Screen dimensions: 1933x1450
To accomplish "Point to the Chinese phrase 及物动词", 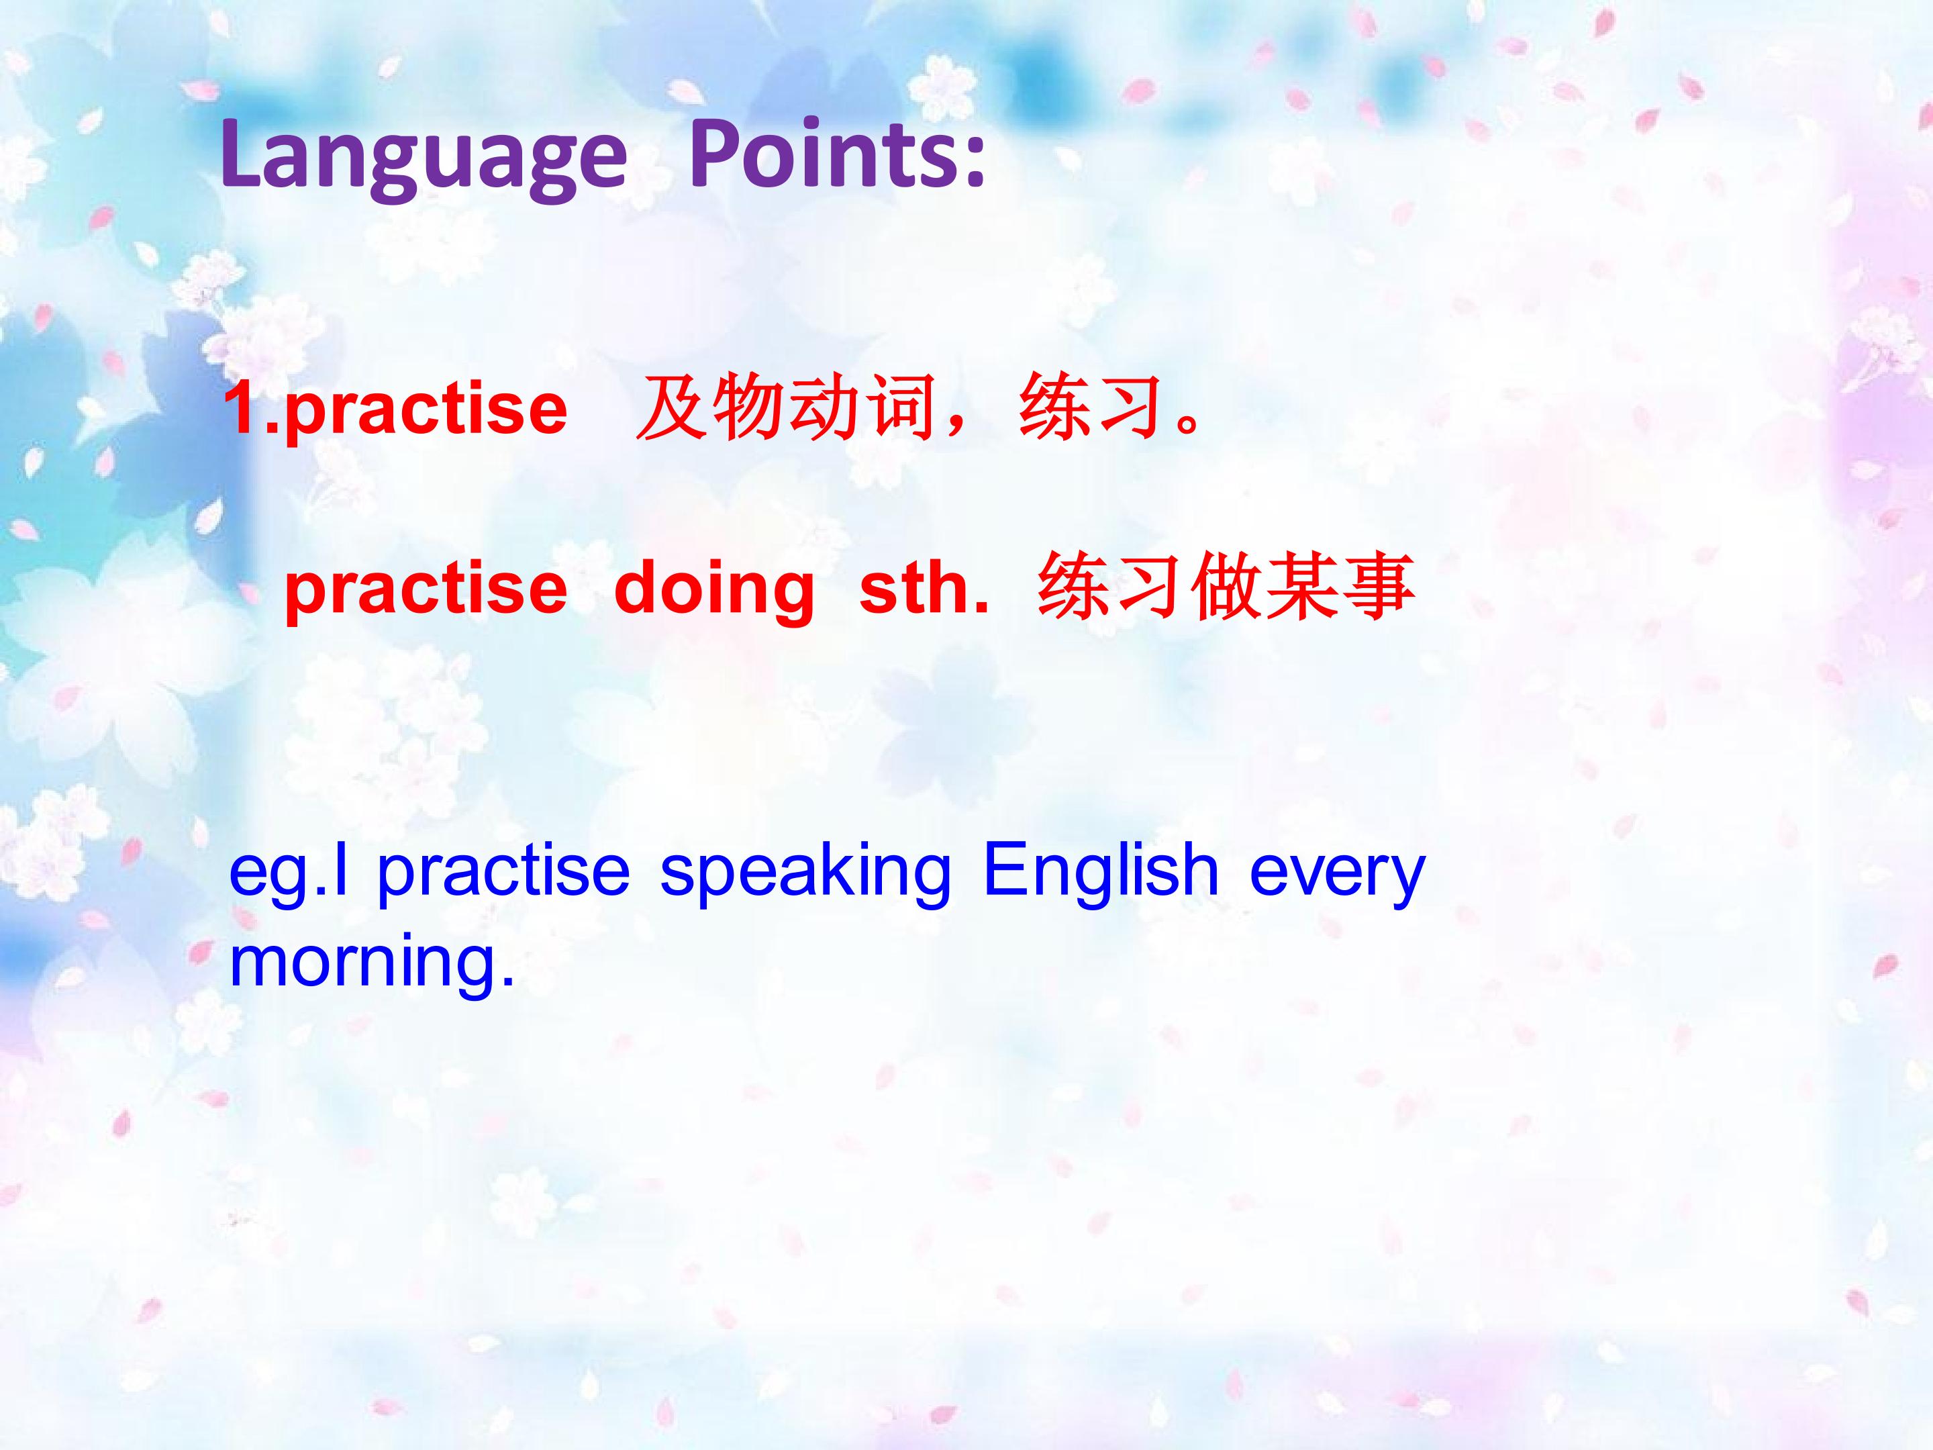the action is [787, 408].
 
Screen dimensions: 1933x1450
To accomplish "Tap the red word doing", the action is [715, 590].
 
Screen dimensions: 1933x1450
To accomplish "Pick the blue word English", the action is [1100, 872].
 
